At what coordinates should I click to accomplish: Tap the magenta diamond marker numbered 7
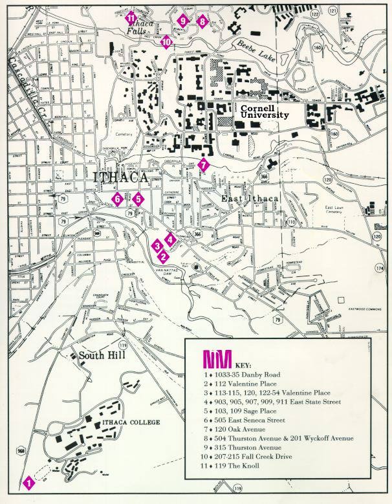coord(204,164)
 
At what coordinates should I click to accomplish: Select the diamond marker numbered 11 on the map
coord(131,17)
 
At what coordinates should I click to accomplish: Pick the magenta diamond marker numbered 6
coord(117,199)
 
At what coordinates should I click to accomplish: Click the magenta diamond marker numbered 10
coord(166,42)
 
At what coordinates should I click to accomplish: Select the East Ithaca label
coord(241,199)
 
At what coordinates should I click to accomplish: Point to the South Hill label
coord(102,356)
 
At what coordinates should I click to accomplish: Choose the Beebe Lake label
coord(259,55)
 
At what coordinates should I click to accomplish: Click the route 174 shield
coord(380,267)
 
